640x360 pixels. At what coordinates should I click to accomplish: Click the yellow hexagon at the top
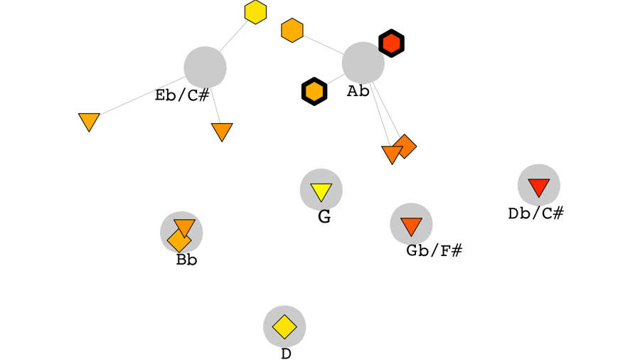click(x=255, y=12)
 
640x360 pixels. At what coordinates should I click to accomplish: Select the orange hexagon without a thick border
click(x=292, y=31)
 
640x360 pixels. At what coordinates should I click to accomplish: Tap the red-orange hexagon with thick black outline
click(x=391, y=43)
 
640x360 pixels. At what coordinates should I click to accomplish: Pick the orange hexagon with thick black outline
click(x=314, y=91)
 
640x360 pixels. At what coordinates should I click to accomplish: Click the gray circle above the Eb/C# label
click(x=205, y=67)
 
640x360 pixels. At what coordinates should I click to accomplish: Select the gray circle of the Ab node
click(x=363, y=63)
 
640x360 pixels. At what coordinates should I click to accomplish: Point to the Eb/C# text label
click(x=182, y=95)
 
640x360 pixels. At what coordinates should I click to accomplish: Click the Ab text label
click(x=358, y=91)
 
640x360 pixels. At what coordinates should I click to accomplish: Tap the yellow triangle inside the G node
click(x=321, y=191)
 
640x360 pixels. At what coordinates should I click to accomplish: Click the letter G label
click(x=324, y=217)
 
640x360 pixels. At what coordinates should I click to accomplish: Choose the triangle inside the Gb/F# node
click(x=411, y=226)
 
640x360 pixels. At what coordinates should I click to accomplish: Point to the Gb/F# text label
click(x=434, y=250)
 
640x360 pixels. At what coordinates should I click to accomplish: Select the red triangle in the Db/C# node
click(x=538, y=187)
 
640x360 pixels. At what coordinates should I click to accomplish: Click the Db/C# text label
click(x=535, y=213)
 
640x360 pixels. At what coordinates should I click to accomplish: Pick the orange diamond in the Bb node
click(x=178, y=240)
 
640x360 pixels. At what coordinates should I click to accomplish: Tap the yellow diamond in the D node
click(x=284, y=327)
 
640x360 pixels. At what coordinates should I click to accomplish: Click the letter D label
click(x=286, y=354)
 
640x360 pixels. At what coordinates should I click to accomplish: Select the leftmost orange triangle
click(x=89, y=121)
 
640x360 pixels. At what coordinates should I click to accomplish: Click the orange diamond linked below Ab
click(x=405, y=145)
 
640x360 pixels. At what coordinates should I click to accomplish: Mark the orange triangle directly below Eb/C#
click(x=222, y=131)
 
